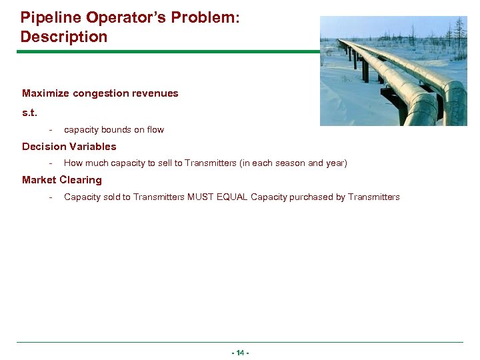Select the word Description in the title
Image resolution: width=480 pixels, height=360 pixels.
(x=63, y=37)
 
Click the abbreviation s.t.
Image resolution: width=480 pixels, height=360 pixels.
(x=29, y=113)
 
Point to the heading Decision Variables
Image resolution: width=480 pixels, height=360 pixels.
(x=69, y=147)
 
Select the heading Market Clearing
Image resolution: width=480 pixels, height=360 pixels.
(x=61, y=180)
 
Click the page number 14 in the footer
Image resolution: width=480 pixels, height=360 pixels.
(x=240, y=353)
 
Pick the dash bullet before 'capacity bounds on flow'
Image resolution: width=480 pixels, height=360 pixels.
(x=51, y=130)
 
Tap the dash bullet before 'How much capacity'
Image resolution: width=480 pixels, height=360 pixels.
(x=51, y=163)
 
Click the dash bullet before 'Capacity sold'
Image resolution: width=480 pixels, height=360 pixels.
(x=51, y=197)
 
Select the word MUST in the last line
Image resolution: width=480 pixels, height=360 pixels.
(x=200, y=197)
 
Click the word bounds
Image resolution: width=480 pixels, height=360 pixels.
(x=117, y=130)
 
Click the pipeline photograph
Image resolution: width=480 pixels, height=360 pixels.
(x=393, y=71)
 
